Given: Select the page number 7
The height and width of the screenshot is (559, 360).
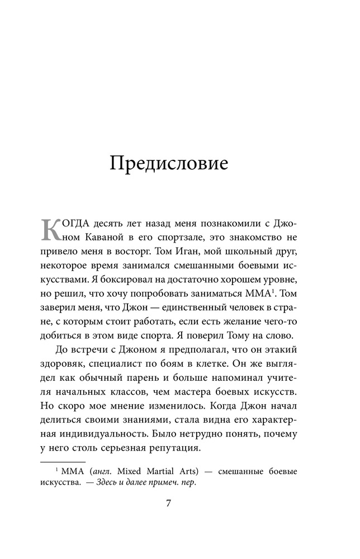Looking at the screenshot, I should click(x=169, y=502).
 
